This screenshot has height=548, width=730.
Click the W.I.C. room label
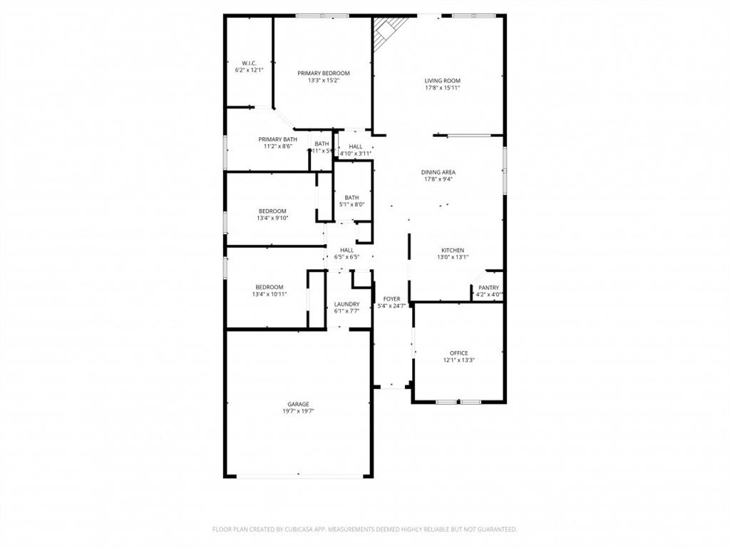coord(249,63)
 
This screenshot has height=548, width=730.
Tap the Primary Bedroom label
coord(323,73)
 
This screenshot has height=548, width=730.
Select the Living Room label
coord(442,81)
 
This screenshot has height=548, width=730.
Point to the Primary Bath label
coord(277,139)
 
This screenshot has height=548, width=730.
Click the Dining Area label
coord(438,172)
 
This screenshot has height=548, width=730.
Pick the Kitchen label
coord(453,250)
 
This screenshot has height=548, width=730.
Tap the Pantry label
coord(488,288)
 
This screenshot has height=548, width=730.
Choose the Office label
coord(458,353)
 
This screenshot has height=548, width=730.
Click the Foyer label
coord(391,299)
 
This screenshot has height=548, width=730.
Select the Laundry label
coord(346,304)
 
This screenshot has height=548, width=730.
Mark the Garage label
coord(298,404)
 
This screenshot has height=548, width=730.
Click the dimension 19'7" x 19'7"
coord(298,412)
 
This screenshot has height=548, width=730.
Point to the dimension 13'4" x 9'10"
coord(272,218)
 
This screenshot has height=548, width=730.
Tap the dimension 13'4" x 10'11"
coord(269,294)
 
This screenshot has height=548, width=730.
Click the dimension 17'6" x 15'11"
coord(442,88)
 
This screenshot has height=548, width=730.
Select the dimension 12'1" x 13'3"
coord(458,360)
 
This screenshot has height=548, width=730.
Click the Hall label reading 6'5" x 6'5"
coord(346,250)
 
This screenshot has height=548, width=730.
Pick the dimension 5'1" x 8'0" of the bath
coord(351,205)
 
